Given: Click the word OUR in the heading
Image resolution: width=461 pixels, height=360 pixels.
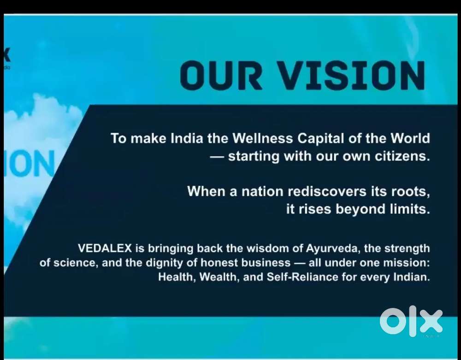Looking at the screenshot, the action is click(x=221, y=75).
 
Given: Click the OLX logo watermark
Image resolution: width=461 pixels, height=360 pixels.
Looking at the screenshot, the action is click(x=411, y=321).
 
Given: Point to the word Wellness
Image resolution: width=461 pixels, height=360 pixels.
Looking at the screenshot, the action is click(x=263, y=138).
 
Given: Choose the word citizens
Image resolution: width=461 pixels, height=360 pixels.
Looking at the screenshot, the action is click(x=402, y=156).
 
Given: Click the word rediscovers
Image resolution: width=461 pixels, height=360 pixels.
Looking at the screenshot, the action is click(x=327, y=191).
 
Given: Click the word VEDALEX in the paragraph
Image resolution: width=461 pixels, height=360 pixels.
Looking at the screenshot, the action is click(x=105, y=248).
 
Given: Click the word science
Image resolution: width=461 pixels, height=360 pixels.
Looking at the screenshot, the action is click(x=75, y=263).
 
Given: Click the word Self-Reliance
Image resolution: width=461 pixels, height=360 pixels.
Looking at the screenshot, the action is click(x=302, y=277).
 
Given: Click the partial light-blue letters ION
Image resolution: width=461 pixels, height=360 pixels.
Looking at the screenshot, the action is click(x=30, y=163).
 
